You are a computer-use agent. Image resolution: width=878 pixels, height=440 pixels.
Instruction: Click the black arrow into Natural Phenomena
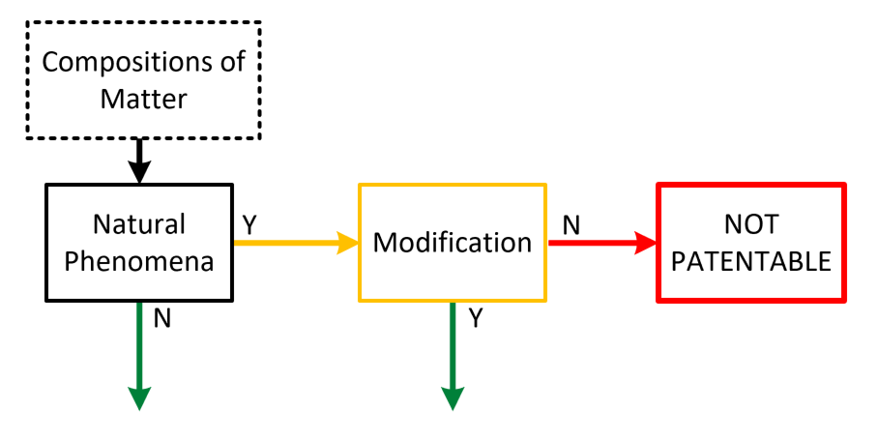coord(140,161)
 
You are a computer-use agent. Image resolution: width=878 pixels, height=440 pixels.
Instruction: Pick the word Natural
coord(139,224)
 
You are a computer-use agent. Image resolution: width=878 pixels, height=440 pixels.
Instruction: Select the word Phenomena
coord(139,261)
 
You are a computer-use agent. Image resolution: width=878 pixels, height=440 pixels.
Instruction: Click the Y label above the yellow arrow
coord(249,225)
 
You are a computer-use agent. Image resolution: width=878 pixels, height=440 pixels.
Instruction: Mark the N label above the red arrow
coord(571,225)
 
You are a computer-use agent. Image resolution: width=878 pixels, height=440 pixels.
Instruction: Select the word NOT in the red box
coord(751,224)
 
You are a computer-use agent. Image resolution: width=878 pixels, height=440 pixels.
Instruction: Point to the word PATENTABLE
coord(751,261)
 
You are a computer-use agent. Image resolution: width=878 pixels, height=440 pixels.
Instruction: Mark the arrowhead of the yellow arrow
coord(347,243)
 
